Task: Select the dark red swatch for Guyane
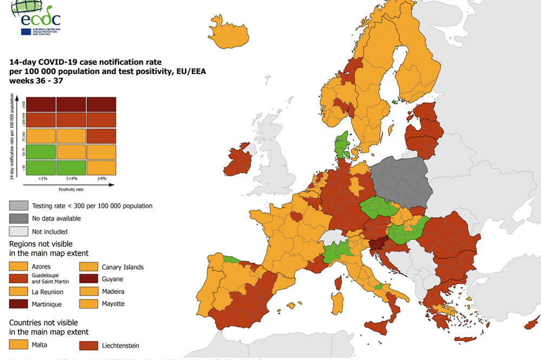pyautogui.click(x=90, y=279)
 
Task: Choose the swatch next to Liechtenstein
pyautogui.click(x=90, y=344)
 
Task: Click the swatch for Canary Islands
pyautogui.click(x=90, y=266)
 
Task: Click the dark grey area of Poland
pyautogui.click(x=400, y=181)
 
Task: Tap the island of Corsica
pyautogui.click(x=339, y=283)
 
